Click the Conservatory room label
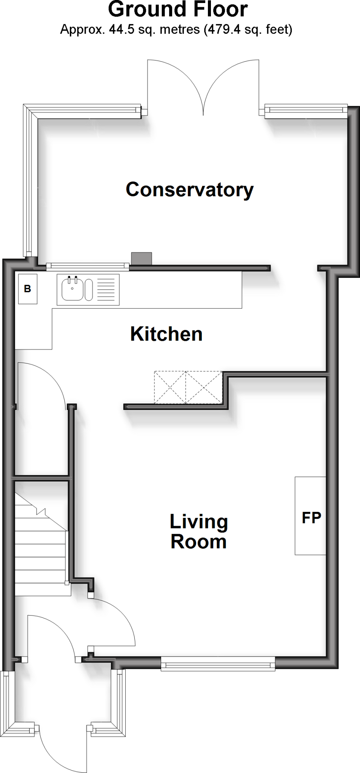[189, 189]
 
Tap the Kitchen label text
[166, 334]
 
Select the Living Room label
[198, 531]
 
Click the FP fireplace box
[311, 516]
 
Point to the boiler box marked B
[28, 289]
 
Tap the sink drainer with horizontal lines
[106, 290]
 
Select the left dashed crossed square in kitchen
[170, 388]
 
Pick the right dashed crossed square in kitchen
[204, 388]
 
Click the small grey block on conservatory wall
[142, 259]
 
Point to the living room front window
[218, 664]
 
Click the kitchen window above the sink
[88, 266]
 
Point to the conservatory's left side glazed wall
[31, 181]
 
